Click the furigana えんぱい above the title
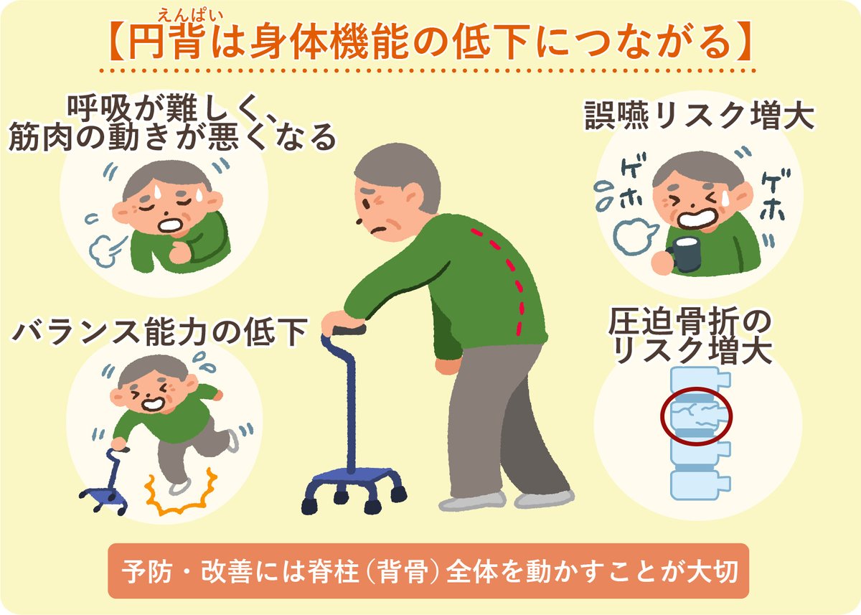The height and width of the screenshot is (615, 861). [x=191, y=16]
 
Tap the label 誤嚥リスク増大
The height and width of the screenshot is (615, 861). [x=699, y=115]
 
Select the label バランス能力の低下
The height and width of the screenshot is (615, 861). [x=160, y=332]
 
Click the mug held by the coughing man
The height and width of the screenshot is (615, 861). [x=684, y=254]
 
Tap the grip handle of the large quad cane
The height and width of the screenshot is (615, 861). [x=347, y=330]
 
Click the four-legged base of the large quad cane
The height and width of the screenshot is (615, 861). [x=354, y=490]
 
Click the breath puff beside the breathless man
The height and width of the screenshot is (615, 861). [x=105, y=250]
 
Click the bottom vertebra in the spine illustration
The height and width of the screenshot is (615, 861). [x=699, y=487]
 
